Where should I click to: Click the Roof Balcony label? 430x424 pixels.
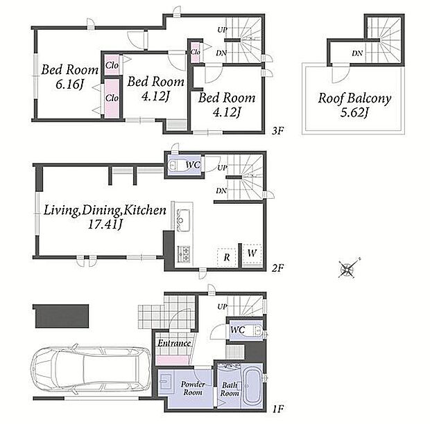click(x=354, y=98)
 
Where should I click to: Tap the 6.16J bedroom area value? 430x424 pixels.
click(x=69, y=84)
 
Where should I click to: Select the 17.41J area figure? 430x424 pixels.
click(x=105, y=224)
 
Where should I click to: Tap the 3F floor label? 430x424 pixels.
click(x=277, y=131)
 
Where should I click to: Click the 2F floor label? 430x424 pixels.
click(x=277, y=267)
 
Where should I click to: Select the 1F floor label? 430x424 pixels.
click(x=277, y=409)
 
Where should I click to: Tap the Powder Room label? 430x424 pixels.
click(x=193, y=389)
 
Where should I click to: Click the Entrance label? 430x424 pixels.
click(x=174, y=343)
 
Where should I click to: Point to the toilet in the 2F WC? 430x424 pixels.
click(x=175, y=165)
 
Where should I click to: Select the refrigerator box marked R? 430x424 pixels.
click(x=227, y=257)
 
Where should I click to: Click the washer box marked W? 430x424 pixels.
click(x=252, y=254)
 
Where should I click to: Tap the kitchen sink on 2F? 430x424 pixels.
click(x=182, y=220)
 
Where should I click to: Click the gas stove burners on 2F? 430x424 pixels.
click(x=184, y=254)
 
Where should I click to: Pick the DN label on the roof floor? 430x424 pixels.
click(x=357, y=53)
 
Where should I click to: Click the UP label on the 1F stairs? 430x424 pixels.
click(x=222, y=306)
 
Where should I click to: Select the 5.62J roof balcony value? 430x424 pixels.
click(x=354, y=113)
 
